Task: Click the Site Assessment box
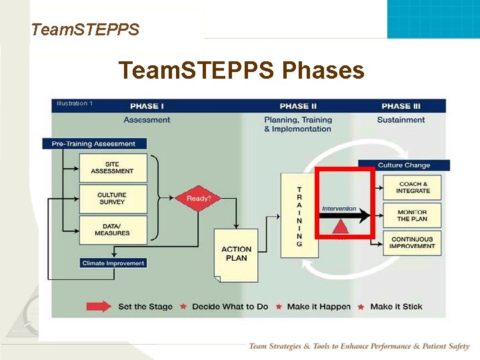112,167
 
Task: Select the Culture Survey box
112,199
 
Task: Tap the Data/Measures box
112,229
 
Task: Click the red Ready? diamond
198,198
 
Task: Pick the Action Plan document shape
236,254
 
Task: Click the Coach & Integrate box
413,187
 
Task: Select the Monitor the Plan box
413,215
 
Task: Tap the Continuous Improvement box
413,243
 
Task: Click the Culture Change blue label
404,165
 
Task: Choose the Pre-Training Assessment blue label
94,143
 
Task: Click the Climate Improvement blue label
113,263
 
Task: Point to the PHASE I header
147,106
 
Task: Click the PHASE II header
298,106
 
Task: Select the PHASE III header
401,106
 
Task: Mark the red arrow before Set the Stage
97,307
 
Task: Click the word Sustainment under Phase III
401,120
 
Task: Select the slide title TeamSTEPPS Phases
241,70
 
